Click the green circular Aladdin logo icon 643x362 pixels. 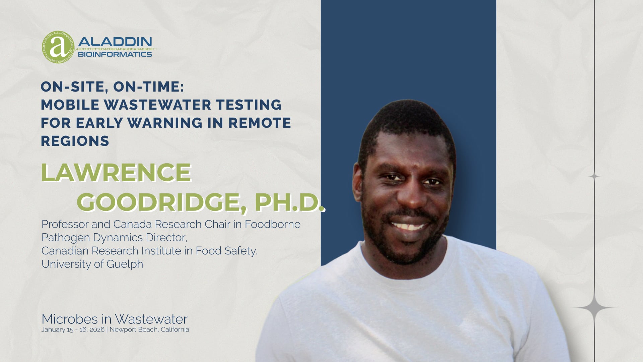point(58,47)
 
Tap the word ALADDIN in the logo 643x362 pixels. point(115,42)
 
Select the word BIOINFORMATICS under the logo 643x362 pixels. point(115,54)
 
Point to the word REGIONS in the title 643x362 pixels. point(75,141)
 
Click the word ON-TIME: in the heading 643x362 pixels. point(149,87)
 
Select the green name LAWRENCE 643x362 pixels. point(116,172)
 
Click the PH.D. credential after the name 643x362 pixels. point(290,202)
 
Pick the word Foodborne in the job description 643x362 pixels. point(272,224)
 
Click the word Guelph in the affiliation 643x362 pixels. point(125,264)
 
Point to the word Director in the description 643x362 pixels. point(166,237)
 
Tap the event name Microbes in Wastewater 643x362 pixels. point(115,319)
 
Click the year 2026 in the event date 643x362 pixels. point(97,329)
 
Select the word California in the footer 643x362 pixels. point(175,329)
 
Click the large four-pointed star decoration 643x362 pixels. point(594,308)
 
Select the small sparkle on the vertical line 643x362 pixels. point(594,176)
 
